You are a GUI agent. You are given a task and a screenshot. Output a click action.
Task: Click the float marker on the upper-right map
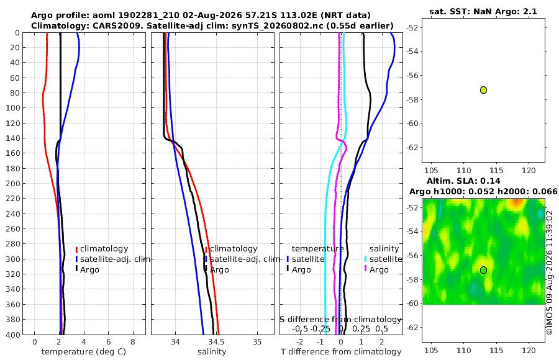click(x=483, y=90)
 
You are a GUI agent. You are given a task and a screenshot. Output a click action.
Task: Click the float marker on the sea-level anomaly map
click(x=483, y=270)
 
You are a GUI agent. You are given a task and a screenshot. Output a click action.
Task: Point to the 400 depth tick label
click(x=13, y=335)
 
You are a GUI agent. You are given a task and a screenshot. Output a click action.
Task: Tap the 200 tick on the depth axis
click(x=13, y=184)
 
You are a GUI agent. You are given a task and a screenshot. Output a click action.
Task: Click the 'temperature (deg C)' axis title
click(x=84, y=352)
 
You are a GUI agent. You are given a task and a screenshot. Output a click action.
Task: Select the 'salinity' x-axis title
click(x=212, y=352)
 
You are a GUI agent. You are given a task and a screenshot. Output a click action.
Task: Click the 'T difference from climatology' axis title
click(x=341, y=352)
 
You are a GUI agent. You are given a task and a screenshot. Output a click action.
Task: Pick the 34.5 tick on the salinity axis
click(x=216, y=342)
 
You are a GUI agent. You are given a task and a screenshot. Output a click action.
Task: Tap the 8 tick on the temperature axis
click(x=133, y=342)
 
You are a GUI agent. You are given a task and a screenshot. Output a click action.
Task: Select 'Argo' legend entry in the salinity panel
click(x=216, y=270)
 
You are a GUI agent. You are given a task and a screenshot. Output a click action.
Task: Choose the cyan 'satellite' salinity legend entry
click(x=384, y=259)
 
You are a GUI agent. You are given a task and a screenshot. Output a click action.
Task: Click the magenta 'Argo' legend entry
click(x=376, y=270)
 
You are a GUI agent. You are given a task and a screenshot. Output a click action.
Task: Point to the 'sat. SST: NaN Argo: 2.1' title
click(x=483, y=11)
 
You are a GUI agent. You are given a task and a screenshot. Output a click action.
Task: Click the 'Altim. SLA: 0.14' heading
click(x=463, y=181)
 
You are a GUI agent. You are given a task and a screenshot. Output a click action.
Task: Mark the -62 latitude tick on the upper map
click(x=413, y=148)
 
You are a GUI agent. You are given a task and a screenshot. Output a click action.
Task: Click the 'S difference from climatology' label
click(x=340, y=320)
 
